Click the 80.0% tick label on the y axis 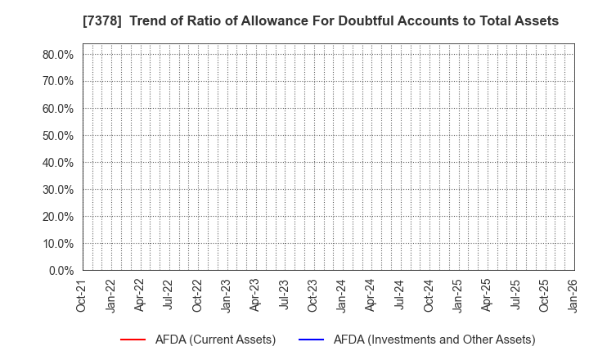(x=57, y=54)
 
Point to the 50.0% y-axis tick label (x=57, y=135)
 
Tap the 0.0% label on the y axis (x=61, y=270)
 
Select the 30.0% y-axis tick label (x=57, y=189)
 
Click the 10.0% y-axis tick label (x=57, y=243)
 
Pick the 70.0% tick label (x=57, y=81)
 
